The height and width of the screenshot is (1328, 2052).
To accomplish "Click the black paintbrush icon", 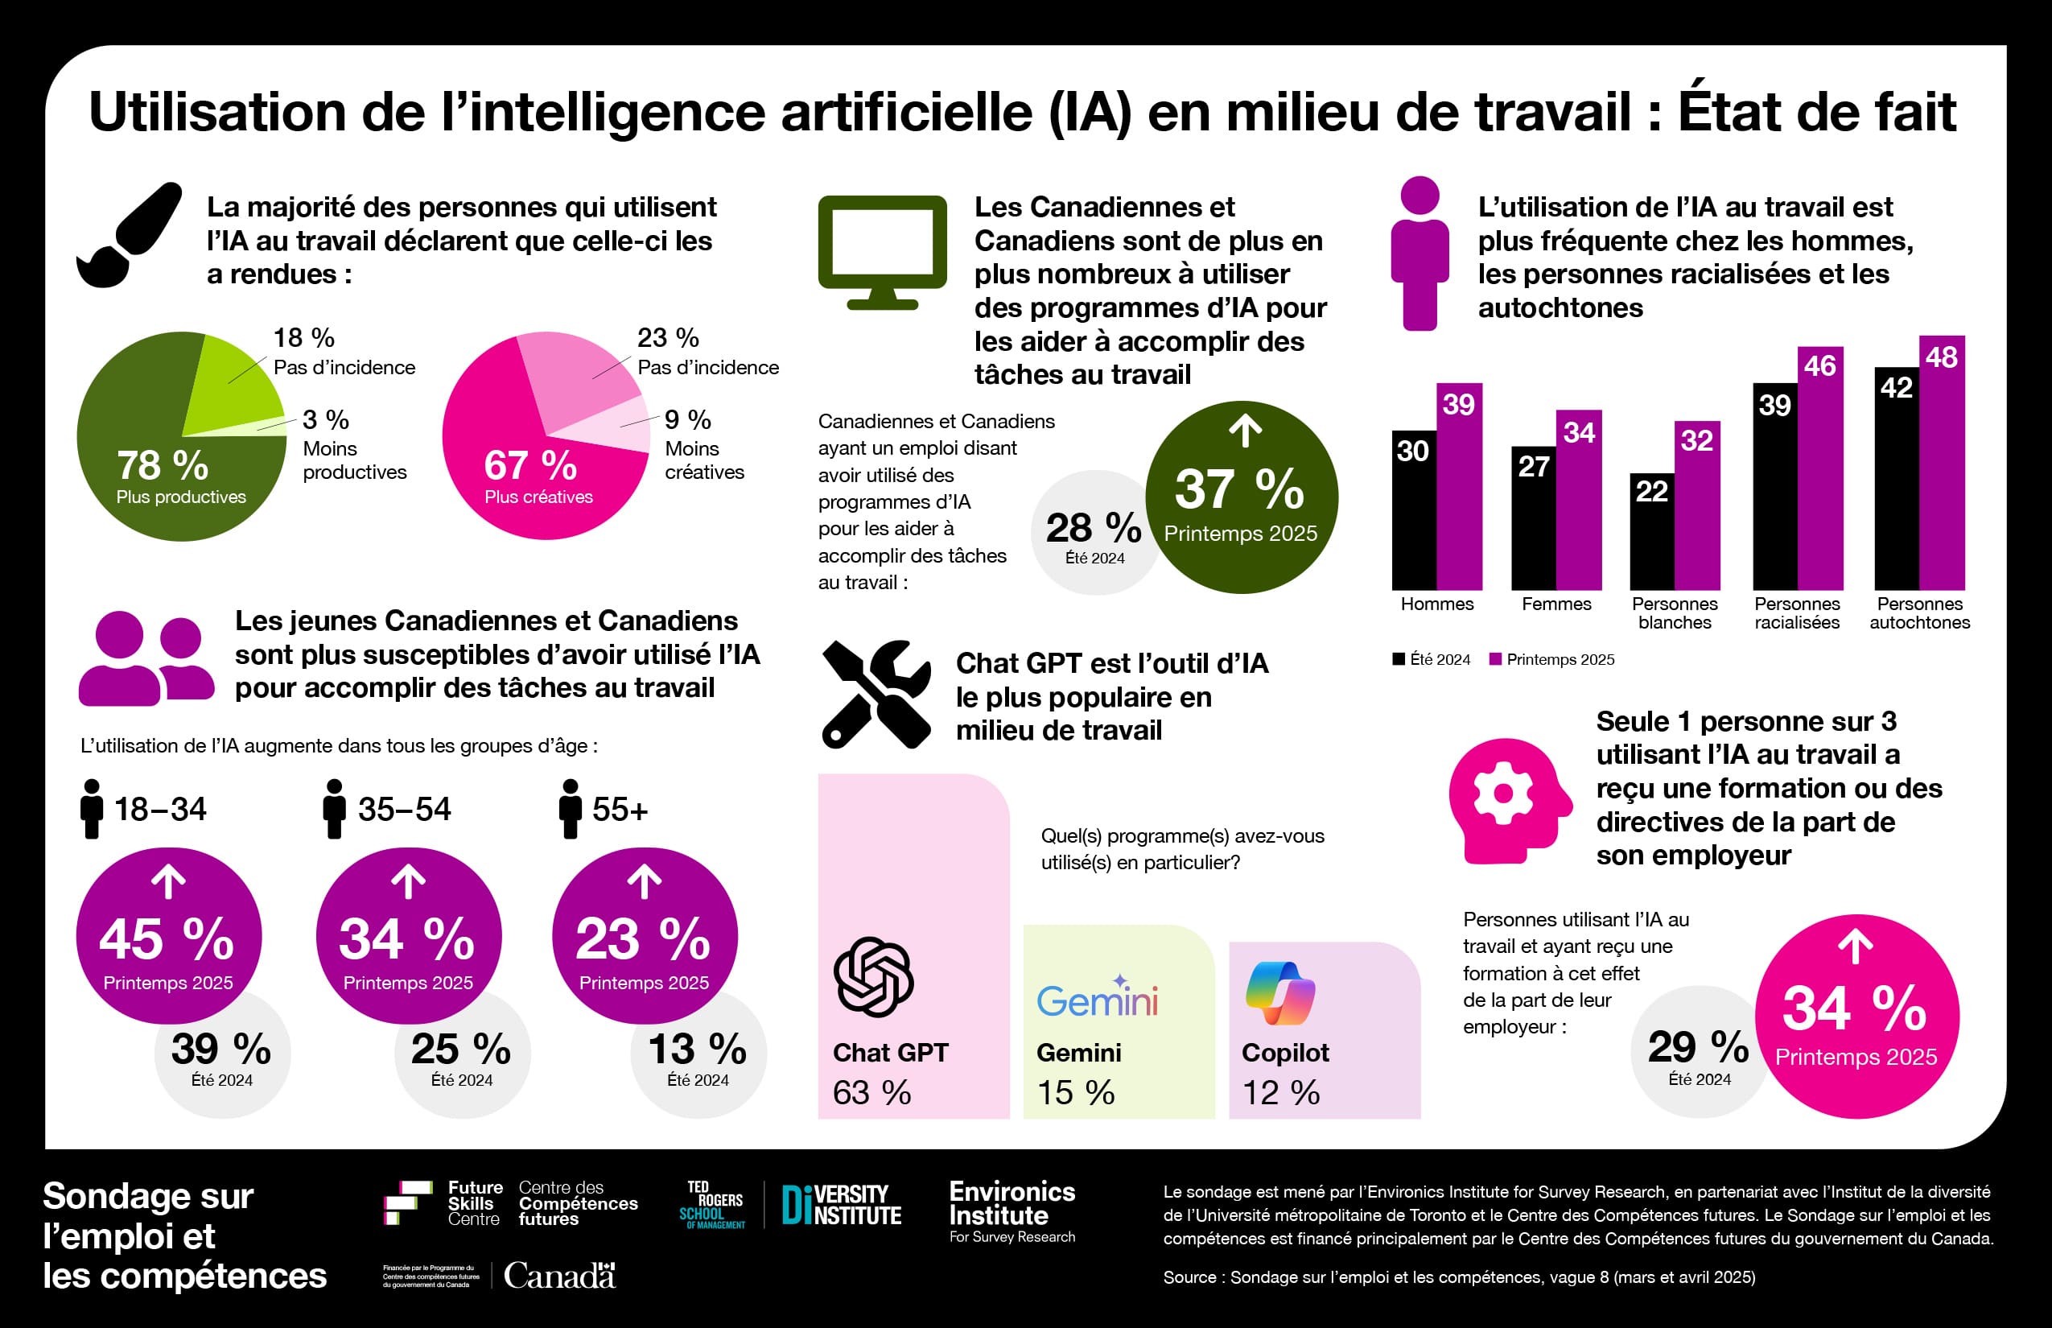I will (x=130, y=234).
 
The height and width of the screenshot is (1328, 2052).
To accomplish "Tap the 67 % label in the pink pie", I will (x=529, y=466).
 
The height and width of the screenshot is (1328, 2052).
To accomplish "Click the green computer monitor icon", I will (x=882, y=251).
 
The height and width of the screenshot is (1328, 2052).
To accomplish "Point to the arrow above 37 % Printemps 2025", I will (x=1244, y=431).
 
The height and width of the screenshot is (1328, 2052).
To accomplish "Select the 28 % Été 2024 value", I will (x=1094, y=529).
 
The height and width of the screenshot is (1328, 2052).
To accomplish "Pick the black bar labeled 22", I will (x=1651, y=531).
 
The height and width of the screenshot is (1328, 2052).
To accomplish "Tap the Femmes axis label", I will (x=1555, y=604).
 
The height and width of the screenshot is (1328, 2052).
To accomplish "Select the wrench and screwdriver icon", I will (x=876, y=693).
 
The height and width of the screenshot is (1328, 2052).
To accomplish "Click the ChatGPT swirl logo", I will (x=872, y=977).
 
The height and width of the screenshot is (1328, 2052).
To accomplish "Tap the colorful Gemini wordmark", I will (x=1097, y=998).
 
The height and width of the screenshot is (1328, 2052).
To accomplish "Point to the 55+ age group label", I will (x=619, y=810).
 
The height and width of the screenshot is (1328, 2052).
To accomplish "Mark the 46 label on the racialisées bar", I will (x=1819, y=365).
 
